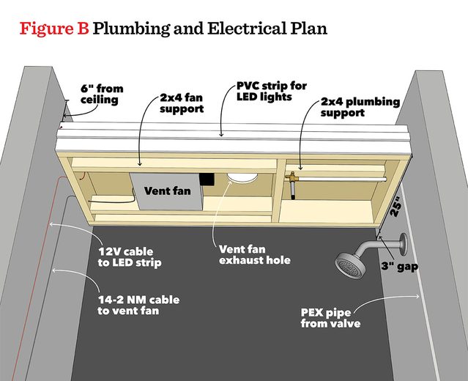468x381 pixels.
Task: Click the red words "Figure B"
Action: coord(53,30)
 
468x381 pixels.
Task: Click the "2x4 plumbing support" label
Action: coord(352,108)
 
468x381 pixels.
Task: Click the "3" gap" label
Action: coord(398,266)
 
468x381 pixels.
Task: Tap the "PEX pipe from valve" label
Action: coord(330,317)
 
